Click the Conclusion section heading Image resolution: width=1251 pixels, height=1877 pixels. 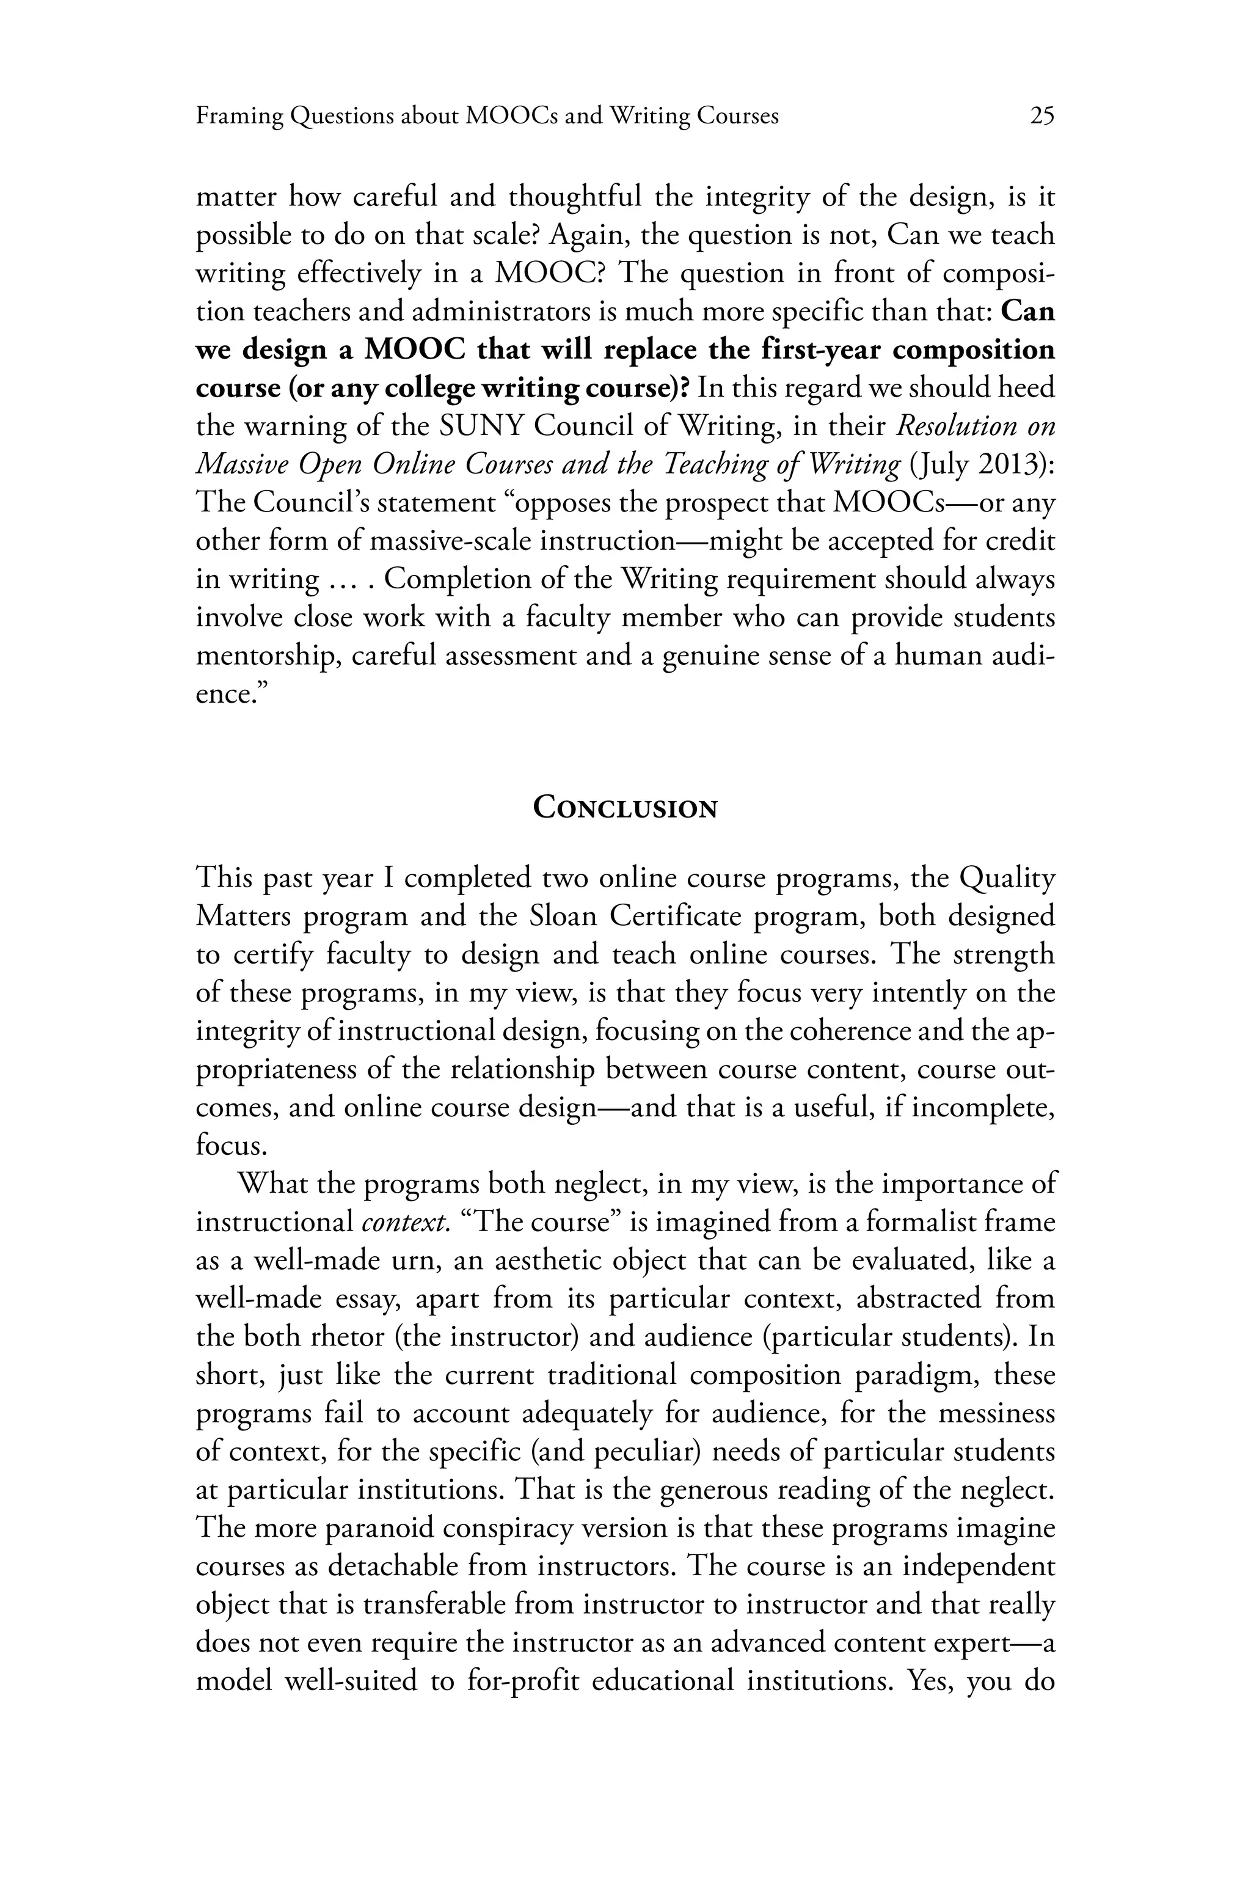(625, 808)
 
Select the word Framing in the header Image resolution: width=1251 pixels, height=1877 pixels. (239, 117)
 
